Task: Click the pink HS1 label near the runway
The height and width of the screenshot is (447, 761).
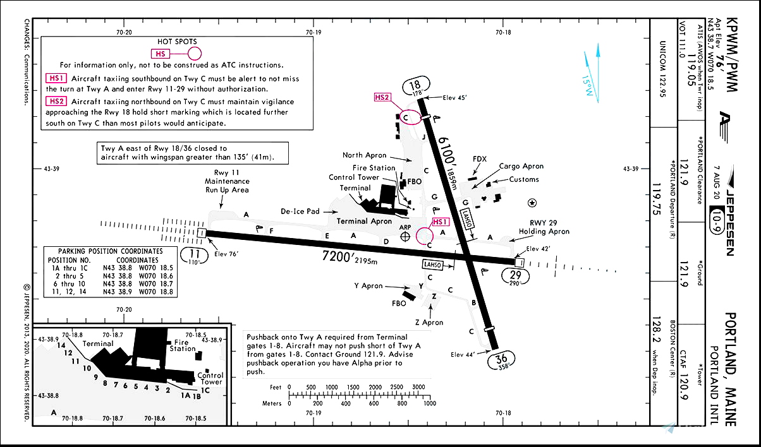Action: pyautogui.click(x=440, y=222)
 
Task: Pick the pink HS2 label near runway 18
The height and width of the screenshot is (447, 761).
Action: pyautogui.click(x=382, y=97)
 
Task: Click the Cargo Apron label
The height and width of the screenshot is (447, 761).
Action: pyautogui.click(x=521, y=167)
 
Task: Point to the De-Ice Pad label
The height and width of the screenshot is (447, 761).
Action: pyautogui.click(x=300, y=211)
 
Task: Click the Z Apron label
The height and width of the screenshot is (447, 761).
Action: pyautogui.click(x=429, y=323)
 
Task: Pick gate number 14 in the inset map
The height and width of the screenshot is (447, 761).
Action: pyautogui.click(x=61, y=345)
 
